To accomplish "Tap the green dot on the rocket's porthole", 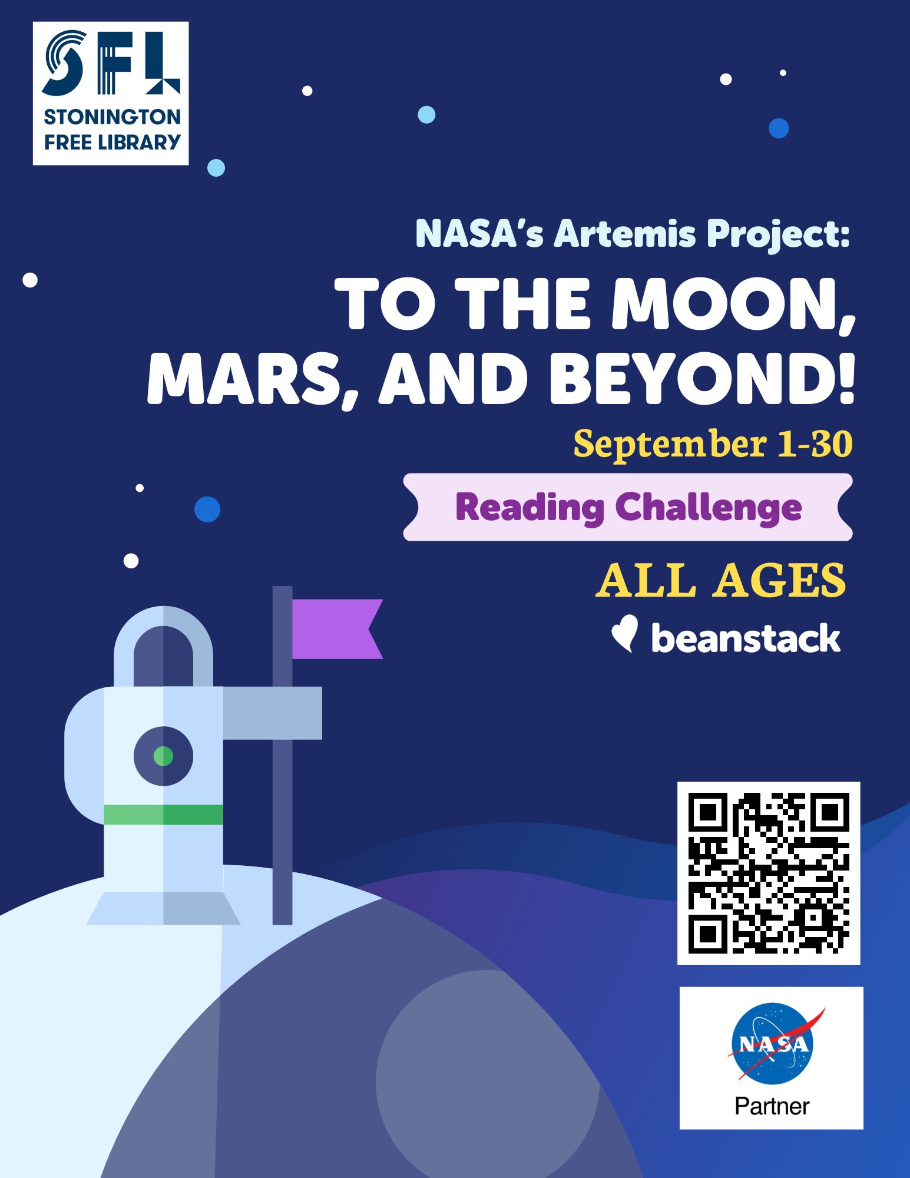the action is point(163,756).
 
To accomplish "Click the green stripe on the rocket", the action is point(164,815).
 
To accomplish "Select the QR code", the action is point(769,873).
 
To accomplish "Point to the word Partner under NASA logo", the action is point(772,1107).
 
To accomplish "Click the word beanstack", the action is point(746,638).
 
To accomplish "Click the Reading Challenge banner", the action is point(628,507).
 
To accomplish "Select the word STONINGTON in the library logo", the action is point(112,117).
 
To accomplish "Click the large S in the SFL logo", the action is point(64,63).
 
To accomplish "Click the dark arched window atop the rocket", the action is point(163,656).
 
